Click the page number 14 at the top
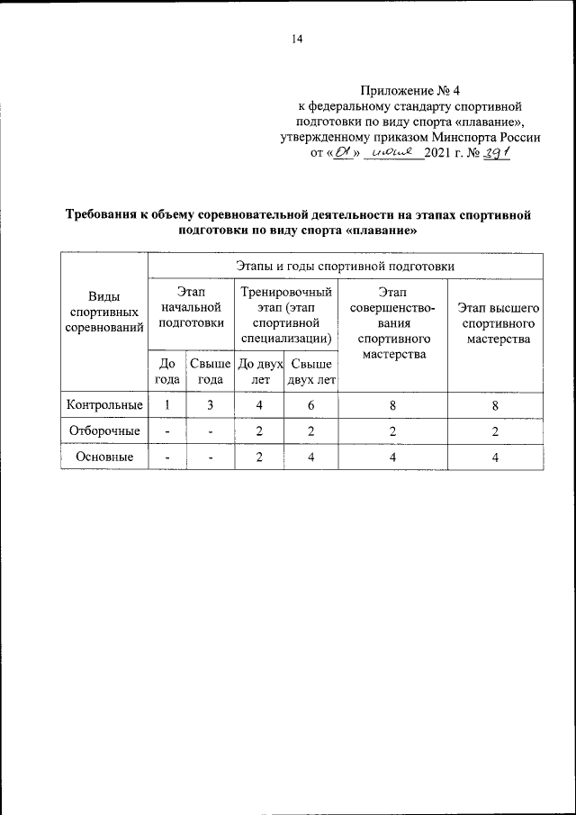297,38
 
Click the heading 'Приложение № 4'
409,90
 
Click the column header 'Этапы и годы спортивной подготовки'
345,267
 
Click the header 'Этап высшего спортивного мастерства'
498,323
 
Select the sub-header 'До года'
166,372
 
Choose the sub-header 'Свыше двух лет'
311,372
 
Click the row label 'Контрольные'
104,405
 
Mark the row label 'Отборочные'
104,431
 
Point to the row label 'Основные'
104,457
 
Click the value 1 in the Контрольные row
166,405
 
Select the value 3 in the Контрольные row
210,405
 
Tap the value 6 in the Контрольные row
311,405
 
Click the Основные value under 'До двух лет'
259,457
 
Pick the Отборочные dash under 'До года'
166,431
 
